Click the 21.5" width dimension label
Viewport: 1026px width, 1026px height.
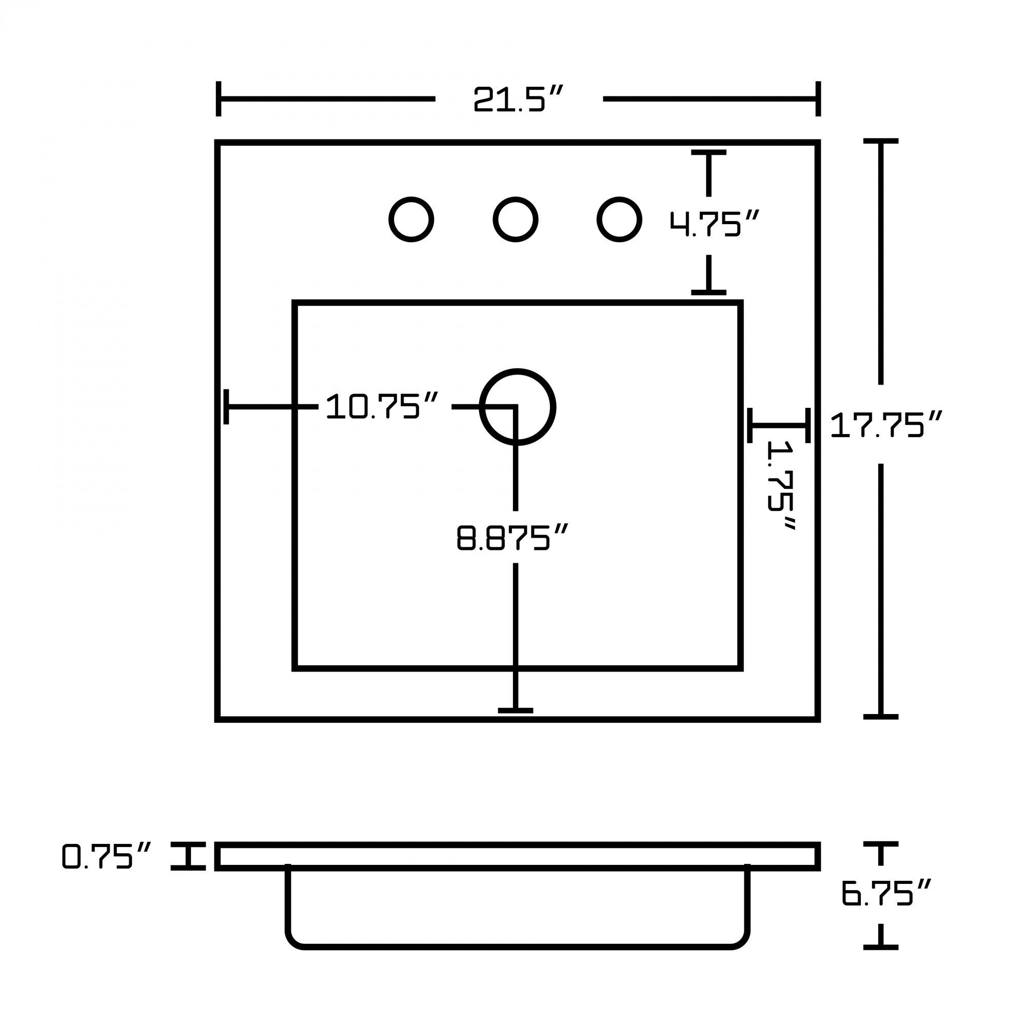pyautogui.click(x=517, y=100)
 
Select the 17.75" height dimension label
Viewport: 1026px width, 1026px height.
pyautogui.click(x=886, y=425)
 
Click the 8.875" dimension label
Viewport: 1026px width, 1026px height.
pyautogui.click(x=512, y=538)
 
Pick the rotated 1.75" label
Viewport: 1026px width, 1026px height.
pyautogui.click(x=781, y=486)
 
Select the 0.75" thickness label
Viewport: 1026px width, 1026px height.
pyautogui.click(x=107, y=856)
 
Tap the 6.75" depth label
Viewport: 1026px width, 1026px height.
pyautogui.click(x=886, y=893)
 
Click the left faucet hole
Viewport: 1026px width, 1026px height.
pyautogui.click(x=411, y=220)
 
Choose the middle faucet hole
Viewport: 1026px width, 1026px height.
pyautogui.click(x=515, y=220)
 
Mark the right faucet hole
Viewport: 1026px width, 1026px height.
pyautogui.click(x=619, y=220)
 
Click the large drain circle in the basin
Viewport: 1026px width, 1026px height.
pyautogui.click(x=518, y=407)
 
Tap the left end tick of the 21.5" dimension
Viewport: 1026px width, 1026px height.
pyautogui.click(x=218, y=99)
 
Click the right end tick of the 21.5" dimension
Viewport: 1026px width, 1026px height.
pyautogui.click(x=818, y=99)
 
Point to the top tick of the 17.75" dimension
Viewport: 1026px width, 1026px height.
pyautogui.click(x=880, y=141)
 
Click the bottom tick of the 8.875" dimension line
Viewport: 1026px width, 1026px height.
pyautogui.click(x=515, y=711)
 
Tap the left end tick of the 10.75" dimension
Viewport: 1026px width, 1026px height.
pyautogui.click(x=226, y=407)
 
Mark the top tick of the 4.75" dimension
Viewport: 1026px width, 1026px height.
pyautogui.click(x=708, y=152)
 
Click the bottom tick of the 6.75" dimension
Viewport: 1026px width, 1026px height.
pyautogui.click(x=880, y=947)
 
